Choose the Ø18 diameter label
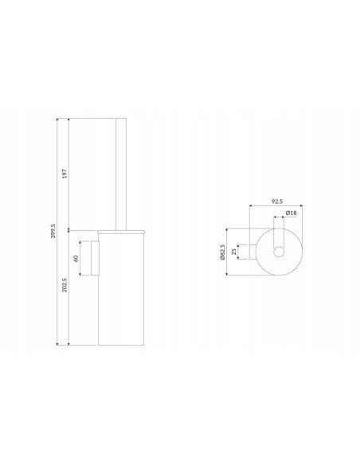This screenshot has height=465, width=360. [x=292, y=213]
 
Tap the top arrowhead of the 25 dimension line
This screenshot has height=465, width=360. [x=238, y=245]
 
